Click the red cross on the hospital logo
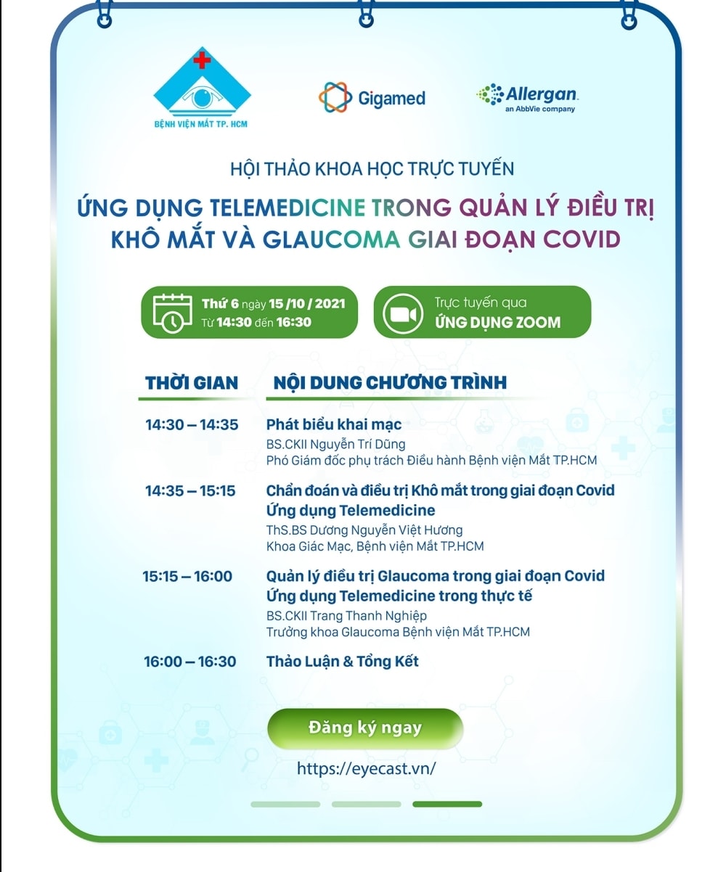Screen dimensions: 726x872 click(201, 60)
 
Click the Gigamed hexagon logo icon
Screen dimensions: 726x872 click(335, 97)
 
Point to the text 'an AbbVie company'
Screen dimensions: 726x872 click(540, 109)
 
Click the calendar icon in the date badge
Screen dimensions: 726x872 click(172, 313)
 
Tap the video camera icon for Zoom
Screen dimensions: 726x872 click(403, 314)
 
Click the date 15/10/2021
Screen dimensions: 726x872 click(307, 304)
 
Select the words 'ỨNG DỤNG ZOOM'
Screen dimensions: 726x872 click(497, 322)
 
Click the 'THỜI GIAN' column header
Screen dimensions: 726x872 click(192, 383)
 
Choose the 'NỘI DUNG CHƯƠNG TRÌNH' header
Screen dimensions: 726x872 click(390, 382)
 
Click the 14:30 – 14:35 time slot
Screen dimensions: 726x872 click(192, 424)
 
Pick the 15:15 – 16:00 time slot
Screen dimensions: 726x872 click(187, 576)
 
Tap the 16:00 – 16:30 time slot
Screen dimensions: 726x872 click(190, 662)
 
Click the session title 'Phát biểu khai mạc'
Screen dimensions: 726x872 click(334, 424)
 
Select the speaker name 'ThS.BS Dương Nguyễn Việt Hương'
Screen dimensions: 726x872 click(364, 530)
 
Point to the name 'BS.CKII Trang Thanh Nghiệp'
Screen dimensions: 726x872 click(346, 616)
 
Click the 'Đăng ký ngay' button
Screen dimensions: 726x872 click(365, 728)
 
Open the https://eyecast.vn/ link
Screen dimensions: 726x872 click(366, 769)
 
